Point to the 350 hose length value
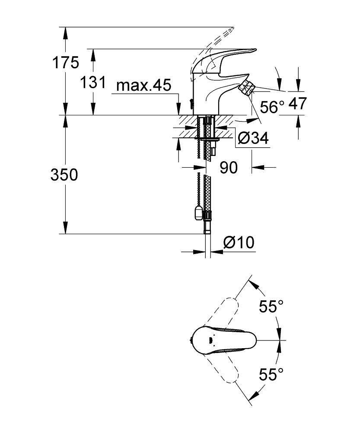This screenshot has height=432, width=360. (64, 175)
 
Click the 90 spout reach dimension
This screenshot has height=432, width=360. (229, 167)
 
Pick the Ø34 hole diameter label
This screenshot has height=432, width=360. (253, 138)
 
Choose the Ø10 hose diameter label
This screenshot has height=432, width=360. (239, 243)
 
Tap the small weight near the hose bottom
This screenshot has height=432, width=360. (198, 212)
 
